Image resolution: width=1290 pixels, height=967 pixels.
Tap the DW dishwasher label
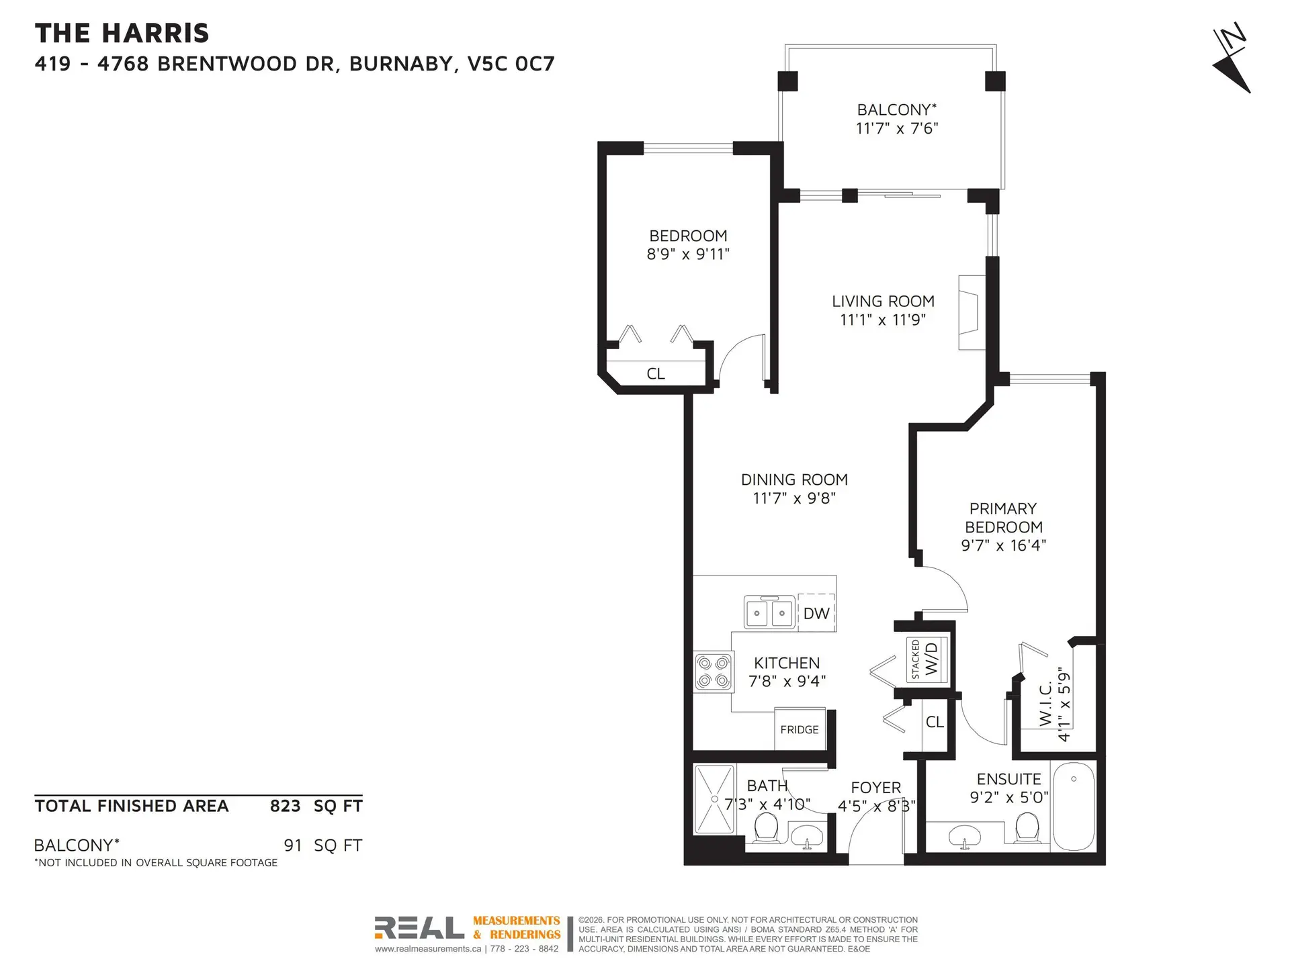(x=816, y=613)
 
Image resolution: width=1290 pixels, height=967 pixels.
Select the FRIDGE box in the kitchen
(x=800, y=730)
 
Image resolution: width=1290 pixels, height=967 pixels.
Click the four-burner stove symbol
(x=713, y=672)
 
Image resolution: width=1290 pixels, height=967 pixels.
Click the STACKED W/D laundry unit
(x=927, y=659)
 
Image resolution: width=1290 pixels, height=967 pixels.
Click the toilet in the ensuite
(x=1027, y=828)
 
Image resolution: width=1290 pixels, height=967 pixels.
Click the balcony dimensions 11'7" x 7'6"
(x=897, y=128)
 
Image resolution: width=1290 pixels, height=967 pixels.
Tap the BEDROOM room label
(x=688, y=236)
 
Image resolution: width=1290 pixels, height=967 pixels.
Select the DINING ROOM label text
(x=794, y=479)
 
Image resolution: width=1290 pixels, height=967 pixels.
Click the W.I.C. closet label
(x=1045, y=704)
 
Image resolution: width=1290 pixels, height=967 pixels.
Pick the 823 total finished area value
(x=285, y=806)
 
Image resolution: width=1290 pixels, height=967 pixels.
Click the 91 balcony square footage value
(x=293, y=845)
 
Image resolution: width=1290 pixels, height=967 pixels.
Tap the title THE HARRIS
(x=122, y=33)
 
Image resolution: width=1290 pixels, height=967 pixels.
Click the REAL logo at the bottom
(x=419, y=928)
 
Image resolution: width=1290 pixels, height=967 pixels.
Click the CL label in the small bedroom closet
(x=656, y=374)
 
